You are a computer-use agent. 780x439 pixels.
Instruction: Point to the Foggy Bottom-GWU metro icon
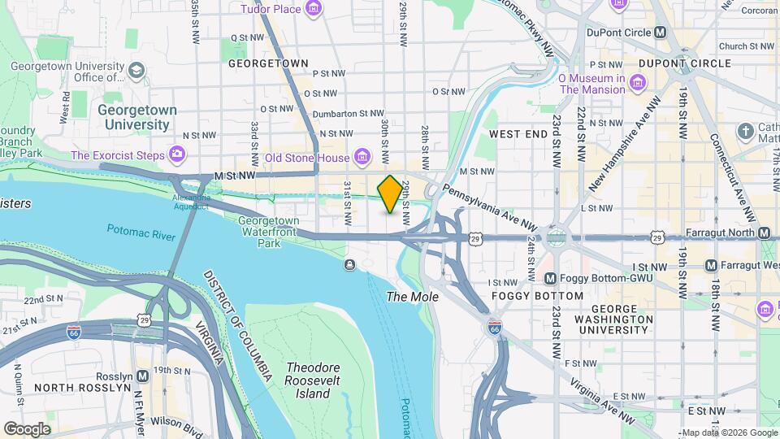click(550, 278)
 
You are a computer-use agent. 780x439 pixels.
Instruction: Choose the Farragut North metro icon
click(764, 233)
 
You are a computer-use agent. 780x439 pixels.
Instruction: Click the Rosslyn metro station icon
click(143, 376)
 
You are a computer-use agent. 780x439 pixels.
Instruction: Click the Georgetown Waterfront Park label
click(268, 231)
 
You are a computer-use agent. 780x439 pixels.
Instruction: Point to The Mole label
click(412, 297)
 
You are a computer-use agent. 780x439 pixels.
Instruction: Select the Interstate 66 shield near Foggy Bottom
click(494, 328)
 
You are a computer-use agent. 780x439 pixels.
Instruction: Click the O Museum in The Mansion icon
click(638, 84)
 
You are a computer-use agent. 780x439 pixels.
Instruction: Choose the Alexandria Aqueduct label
click(192, 202)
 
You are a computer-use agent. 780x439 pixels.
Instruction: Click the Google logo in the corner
click(26, 428)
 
